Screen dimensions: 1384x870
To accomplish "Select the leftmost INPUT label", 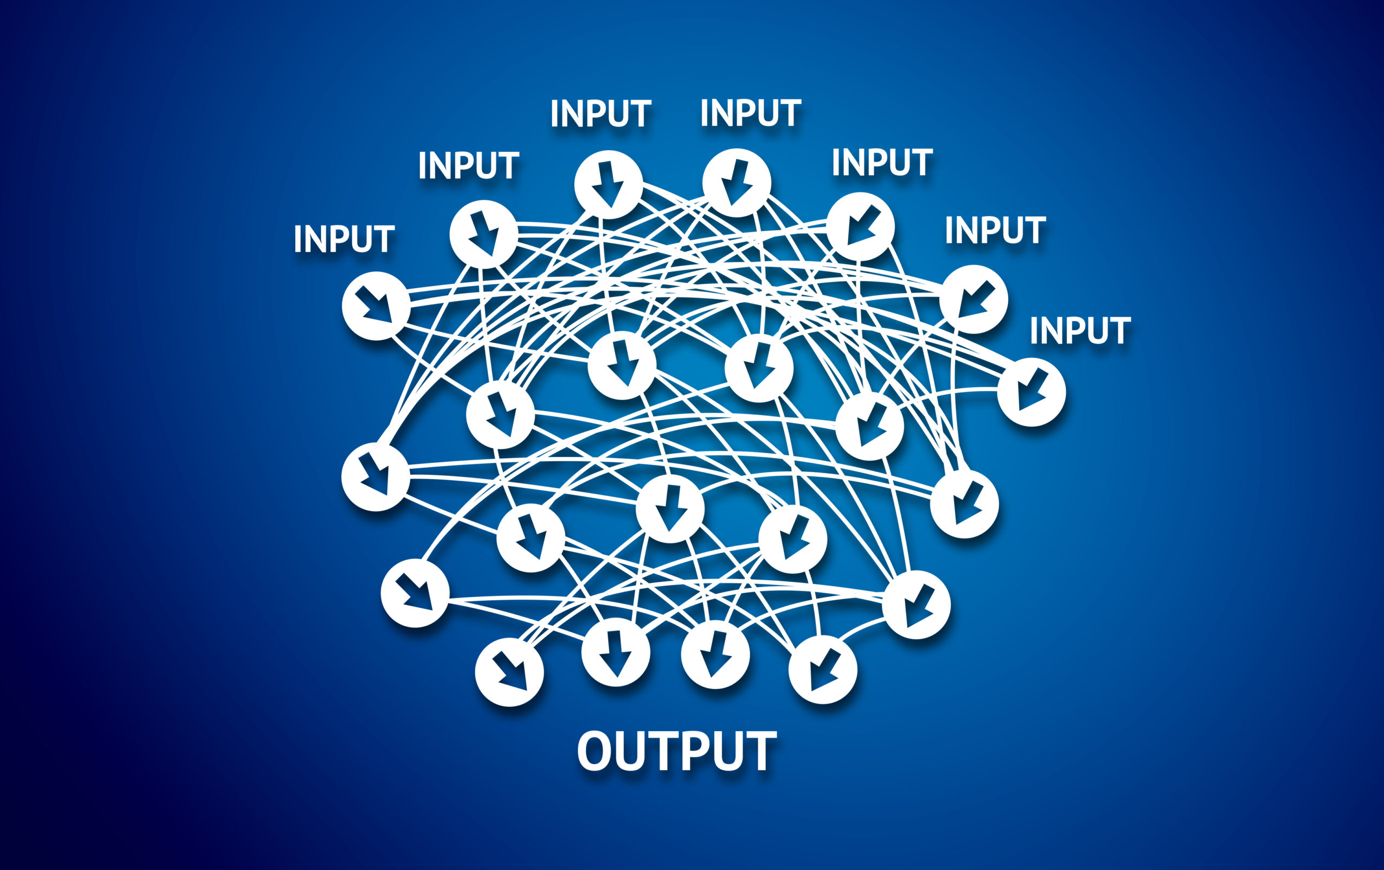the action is [x=344, y=239].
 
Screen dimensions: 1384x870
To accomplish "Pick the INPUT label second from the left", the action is [x=468, y=165].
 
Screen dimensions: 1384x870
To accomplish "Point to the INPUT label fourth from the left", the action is [x=750, y=112].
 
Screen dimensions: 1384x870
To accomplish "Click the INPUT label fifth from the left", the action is [x=882, y=162].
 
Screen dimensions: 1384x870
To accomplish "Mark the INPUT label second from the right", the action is [x=995, y=230].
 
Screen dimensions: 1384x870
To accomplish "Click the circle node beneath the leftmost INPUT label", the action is [x=376, y=306].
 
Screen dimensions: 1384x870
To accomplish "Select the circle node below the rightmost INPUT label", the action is [x=1032, y=392].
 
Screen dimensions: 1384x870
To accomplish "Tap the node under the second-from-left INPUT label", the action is [x=483, y=234].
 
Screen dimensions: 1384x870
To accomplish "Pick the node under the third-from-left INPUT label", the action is [x=608, y=184].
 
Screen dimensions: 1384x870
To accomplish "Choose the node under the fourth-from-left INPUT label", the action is [x=736, y=183].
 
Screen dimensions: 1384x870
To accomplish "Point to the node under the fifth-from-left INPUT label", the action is [x=860, y=227].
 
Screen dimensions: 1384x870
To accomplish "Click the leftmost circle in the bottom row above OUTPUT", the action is [x=509, y=672].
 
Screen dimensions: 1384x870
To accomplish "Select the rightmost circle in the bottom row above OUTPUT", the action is [x=822, y=670].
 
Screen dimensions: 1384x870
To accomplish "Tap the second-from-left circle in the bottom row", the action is [x=616, y=653].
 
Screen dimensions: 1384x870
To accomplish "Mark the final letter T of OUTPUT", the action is [x=761, y=751].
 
